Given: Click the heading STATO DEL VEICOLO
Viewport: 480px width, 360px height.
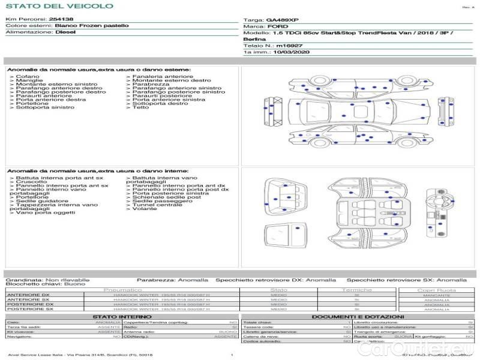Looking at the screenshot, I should [x=59, y=6].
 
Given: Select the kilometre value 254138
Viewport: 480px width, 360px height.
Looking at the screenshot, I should [x=61, y=19].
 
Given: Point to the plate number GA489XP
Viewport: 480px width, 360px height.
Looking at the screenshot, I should [x=282, y=20].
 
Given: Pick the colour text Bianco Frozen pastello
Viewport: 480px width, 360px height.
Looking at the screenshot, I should [x=91, y=26].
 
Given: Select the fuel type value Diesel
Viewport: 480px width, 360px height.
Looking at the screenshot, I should [x=65, y=32].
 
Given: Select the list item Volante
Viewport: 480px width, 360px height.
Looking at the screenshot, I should [x=145, y=209].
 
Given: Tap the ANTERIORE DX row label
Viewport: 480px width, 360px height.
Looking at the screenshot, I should [x=30, y=295].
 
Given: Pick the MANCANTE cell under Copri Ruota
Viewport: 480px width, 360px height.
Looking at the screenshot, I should [x=436, y=295].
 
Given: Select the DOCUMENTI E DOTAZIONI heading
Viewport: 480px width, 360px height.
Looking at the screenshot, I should [x=357, y=316].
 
